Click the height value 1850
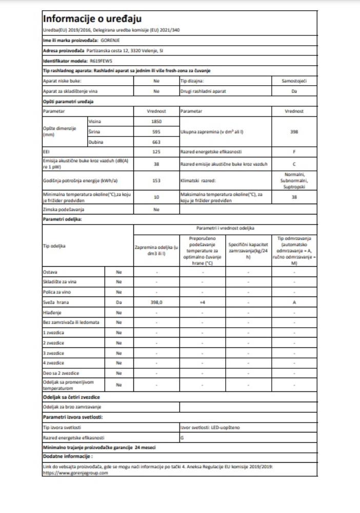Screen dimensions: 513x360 click(156, 121)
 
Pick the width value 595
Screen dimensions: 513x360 click(156, 131)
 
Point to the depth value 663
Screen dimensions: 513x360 click(156, 142)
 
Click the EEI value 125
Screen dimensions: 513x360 click(156, 152)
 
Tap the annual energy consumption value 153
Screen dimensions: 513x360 click(156, 181)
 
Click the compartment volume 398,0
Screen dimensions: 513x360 click(156, 302)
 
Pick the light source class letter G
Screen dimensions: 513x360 click(183, 438)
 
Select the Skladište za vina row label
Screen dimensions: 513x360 click(61, 281)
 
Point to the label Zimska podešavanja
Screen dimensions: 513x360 click(64, 210)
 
